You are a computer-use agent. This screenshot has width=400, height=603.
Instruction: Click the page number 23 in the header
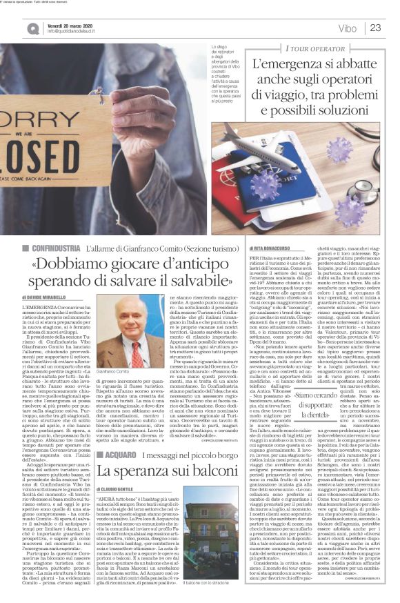[375, 28]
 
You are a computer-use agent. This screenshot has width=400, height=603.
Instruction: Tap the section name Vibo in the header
[348, 28]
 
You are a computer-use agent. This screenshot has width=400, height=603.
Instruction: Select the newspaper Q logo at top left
[33, 28]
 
